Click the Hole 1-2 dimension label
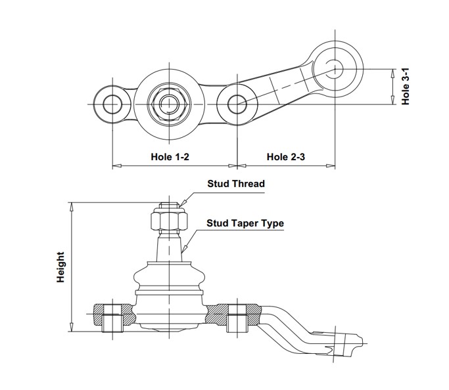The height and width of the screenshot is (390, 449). click(170, 157)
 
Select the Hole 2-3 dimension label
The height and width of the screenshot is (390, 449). click(286, 157)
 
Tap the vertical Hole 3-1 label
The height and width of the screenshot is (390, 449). click(406, 87)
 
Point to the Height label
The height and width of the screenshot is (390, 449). click(60, 267)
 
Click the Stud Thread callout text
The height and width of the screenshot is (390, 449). click(236, 184)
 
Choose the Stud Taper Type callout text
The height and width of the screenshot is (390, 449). click(245, 223)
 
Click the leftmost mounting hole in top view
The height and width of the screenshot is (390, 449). click(112, 104)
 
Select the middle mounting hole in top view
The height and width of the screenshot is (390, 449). click(237, 104)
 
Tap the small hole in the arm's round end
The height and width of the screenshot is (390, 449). click(335, 69)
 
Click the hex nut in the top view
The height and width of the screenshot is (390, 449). click(169, 104)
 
